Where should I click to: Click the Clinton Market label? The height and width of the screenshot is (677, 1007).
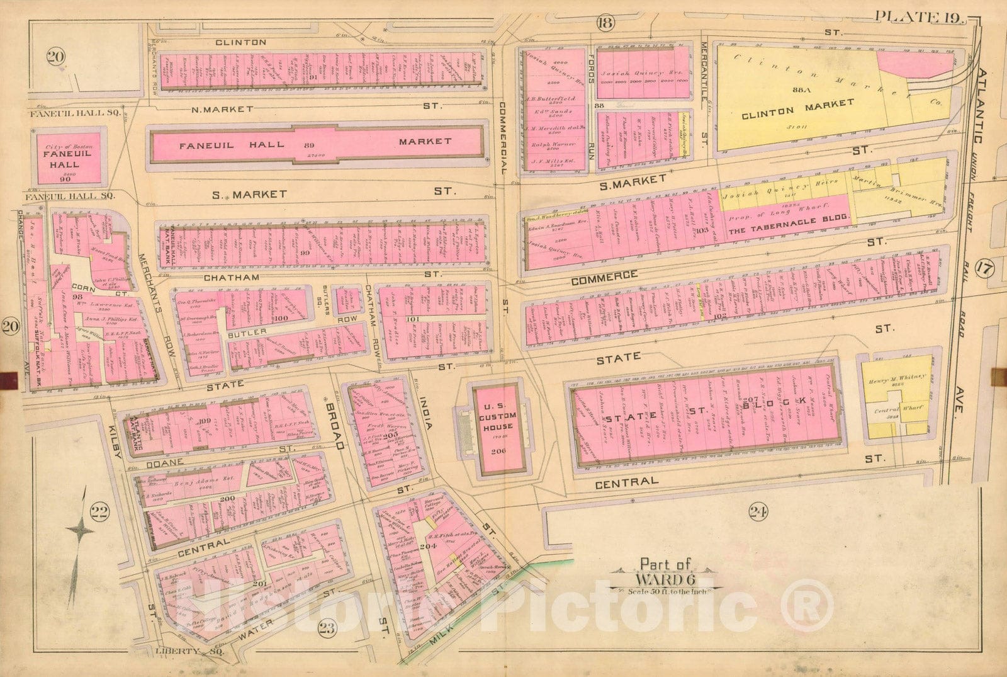797,108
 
